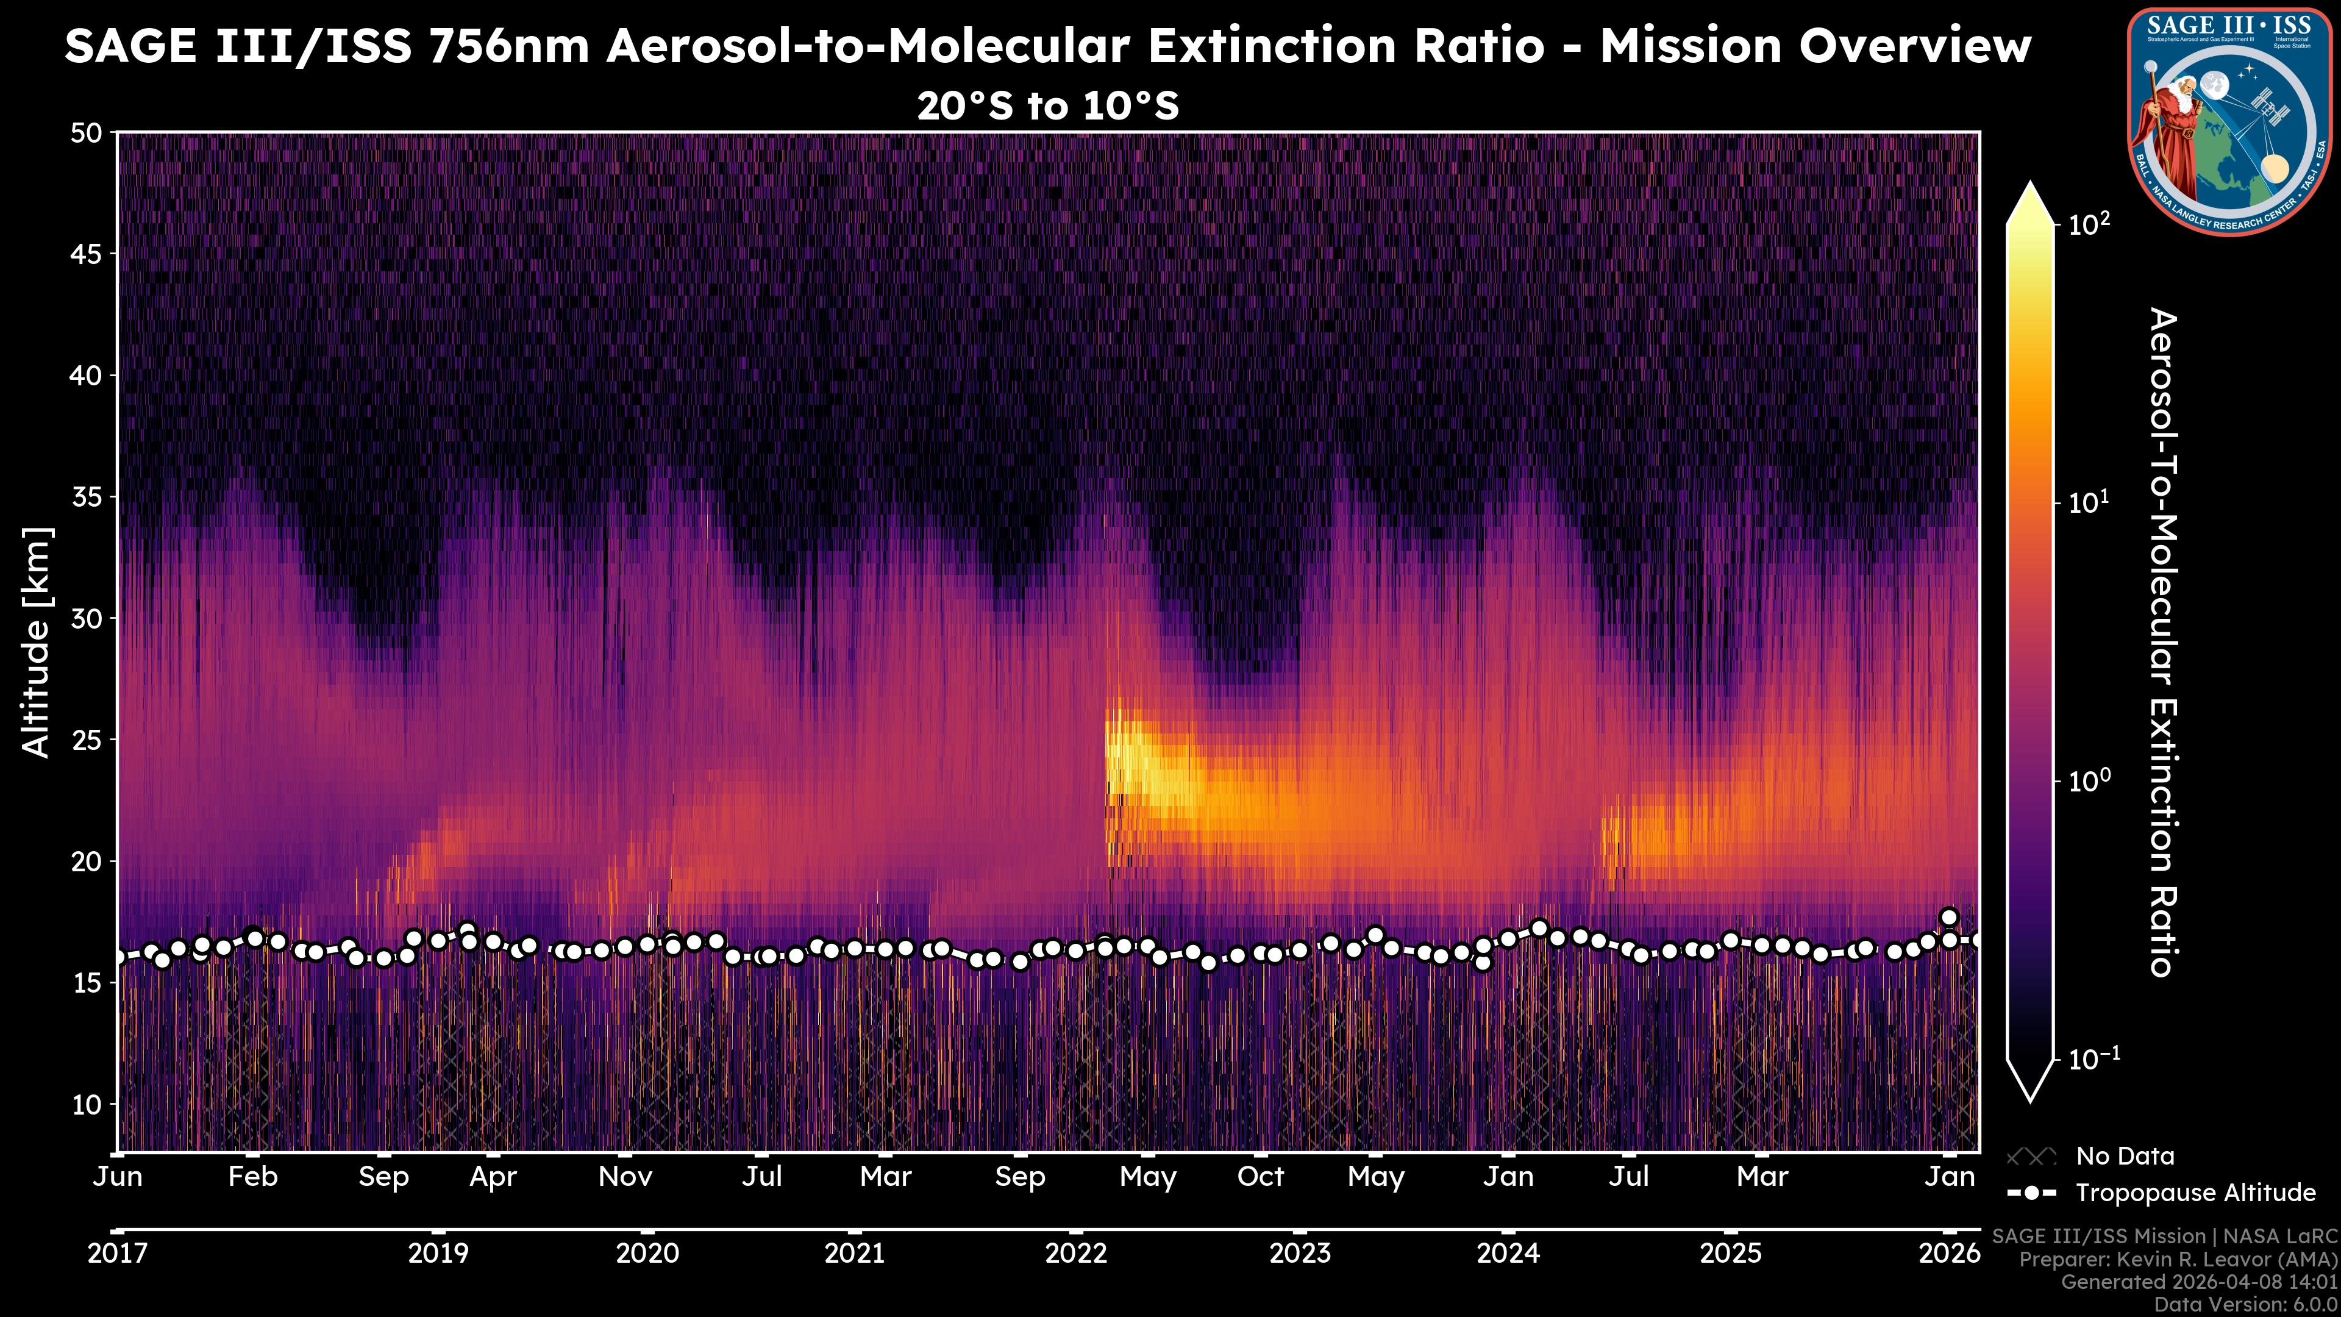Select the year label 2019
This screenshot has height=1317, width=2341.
click(438, 1254)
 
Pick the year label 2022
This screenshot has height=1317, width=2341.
click(1076, 1254)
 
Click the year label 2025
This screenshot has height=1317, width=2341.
click(1730, 1254)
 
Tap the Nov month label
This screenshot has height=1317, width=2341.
click(625, 1177)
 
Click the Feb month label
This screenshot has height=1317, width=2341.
click(252, 1177)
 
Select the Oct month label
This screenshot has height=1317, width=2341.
click(1261, 1177)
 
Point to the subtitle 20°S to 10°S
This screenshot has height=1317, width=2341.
click(1048, 106)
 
